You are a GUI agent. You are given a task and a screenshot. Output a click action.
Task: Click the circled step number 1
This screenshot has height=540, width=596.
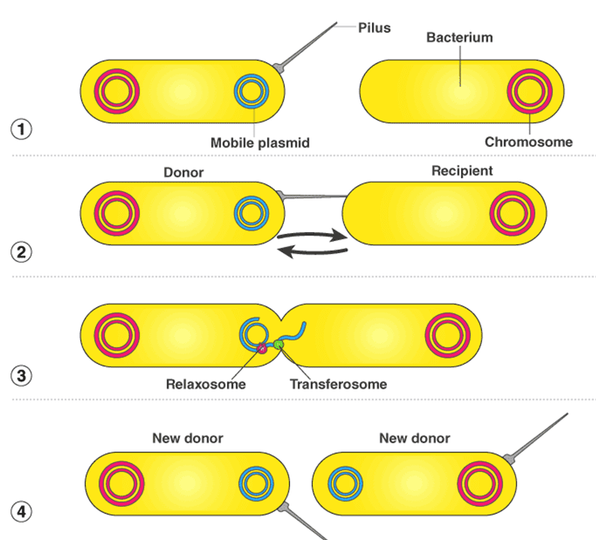[x=22, y=129]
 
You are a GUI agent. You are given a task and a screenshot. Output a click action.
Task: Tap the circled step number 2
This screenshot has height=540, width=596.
[x=22, y=252]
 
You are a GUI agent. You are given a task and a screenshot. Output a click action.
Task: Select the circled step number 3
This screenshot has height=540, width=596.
[x=22, y=375]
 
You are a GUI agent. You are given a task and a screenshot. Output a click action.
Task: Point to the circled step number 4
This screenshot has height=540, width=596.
[x=22, y=512]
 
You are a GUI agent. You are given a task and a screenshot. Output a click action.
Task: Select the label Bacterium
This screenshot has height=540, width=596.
[x=460, y=37]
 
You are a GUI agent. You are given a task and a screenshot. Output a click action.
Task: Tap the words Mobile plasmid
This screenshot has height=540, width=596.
[x=259, y=142]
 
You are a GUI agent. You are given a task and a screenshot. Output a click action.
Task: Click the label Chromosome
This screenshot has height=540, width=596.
[x=529, y=142]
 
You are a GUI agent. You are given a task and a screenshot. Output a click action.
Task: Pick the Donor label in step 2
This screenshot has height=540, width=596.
[x=184, y=172]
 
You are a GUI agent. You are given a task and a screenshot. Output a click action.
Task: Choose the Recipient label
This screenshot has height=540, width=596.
[x=462, y=171]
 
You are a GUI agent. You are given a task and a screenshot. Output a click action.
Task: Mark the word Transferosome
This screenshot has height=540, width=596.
[x=337, y=384]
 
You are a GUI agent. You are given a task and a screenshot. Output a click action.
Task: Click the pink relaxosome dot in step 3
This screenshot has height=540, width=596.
[x=262, y=348]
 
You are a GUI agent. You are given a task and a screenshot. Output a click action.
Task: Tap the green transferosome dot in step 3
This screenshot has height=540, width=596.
[x=279, y=345]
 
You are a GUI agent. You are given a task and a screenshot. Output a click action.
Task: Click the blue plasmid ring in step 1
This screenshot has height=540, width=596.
[x=251, y=91]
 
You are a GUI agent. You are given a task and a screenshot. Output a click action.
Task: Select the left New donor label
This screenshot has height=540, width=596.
[x=187, y=438]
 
